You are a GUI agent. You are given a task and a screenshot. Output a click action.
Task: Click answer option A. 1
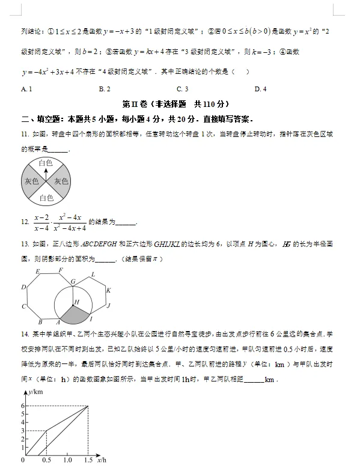tap(26, 90)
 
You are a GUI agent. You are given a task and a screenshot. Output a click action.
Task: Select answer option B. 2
tap(104, 90)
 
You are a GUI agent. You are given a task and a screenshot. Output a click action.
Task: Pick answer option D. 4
tap(260, 90)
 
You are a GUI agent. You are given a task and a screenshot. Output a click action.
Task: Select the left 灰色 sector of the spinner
tap(31, 181)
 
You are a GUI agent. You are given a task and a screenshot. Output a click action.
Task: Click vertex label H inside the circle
tap(76, 302)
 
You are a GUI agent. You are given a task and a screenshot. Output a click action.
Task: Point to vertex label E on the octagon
tap(38, 272)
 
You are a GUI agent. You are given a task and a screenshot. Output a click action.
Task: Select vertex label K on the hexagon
tap(108, 291)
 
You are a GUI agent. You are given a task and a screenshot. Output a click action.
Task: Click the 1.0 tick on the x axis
tap(66, 460)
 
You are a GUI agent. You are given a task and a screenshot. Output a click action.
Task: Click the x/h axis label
tap(102, 460)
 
